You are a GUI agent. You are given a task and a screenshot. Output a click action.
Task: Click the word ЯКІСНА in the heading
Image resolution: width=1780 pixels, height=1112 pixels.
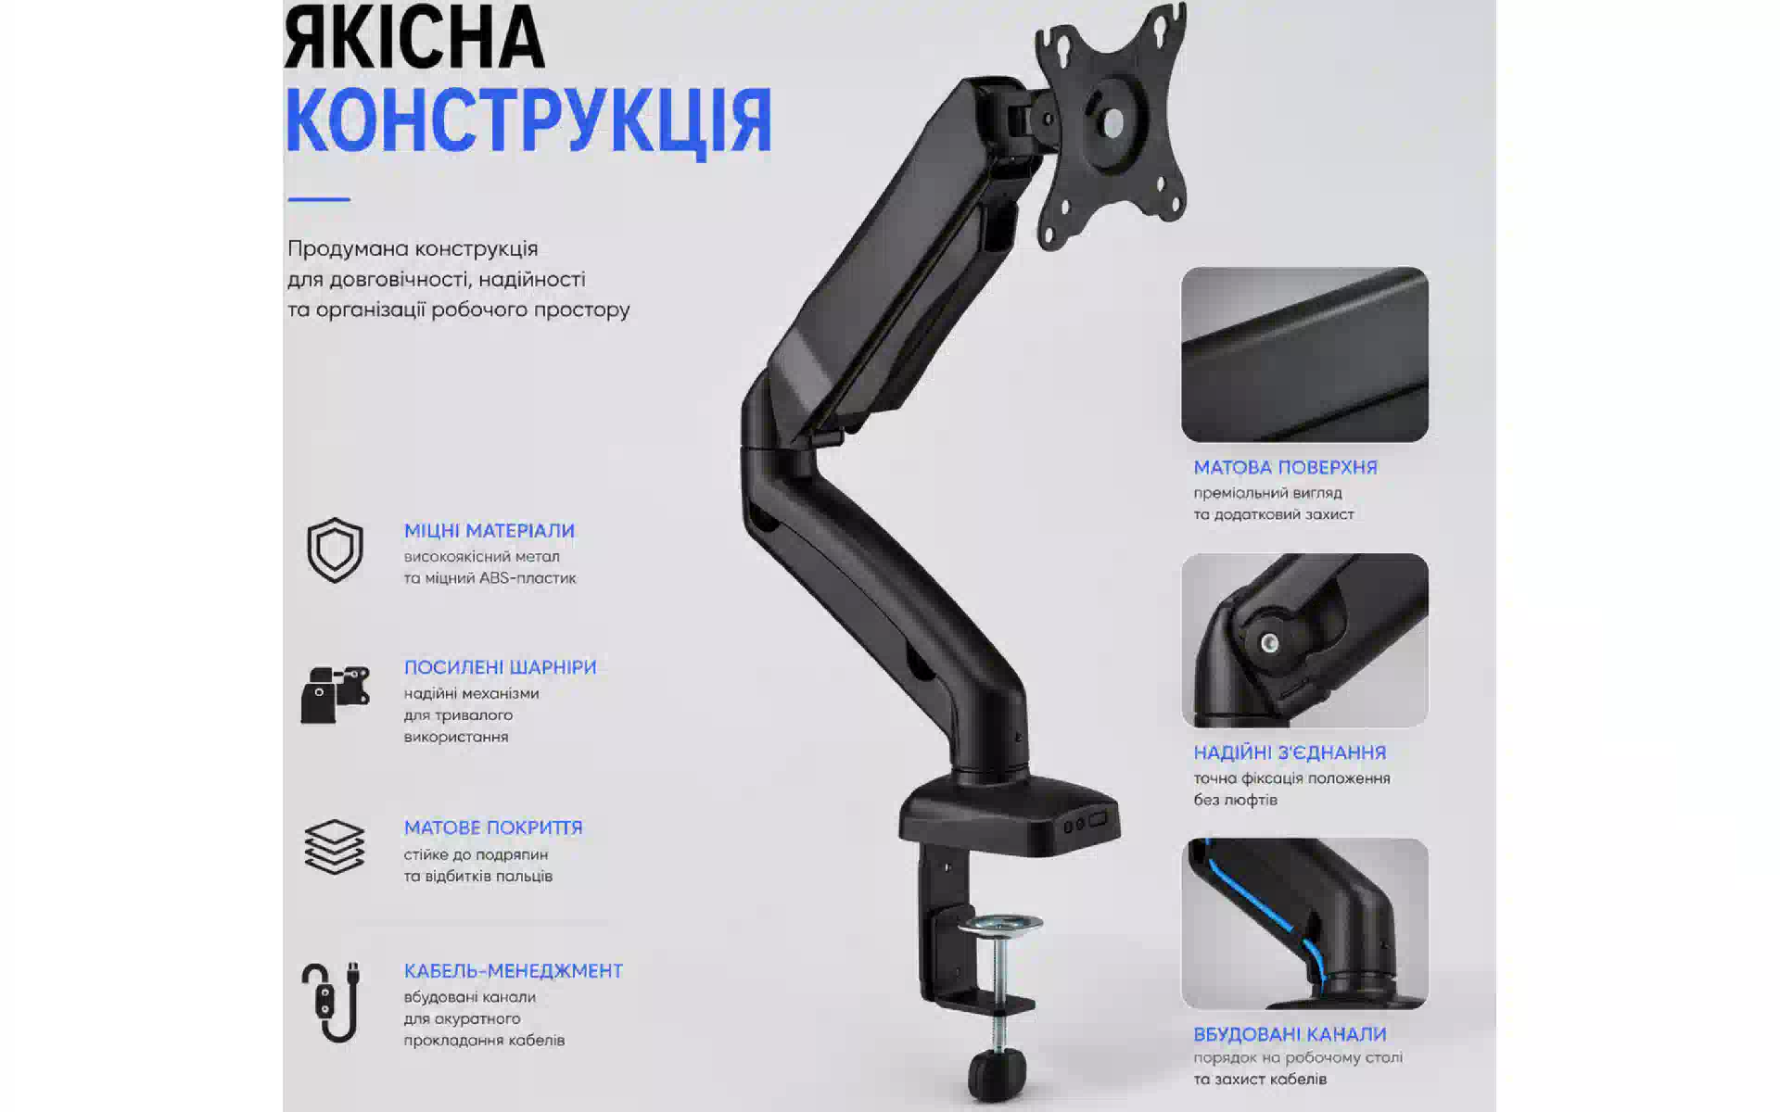(x=413, y=38)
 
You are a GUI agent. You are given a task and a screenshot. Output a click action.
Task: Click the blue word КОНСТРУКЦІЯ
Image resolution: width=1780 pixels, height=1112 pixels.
(x=528, y=121)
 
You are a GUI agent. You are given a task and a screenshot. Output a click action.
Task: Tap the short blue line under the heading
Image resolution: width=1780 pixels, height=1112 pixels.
(x=319, y=198)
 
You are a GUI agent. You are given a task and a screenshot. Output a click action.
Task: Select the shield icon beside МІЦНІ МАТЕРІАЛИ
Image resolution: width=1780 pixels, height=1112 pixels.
(x=335, y=550)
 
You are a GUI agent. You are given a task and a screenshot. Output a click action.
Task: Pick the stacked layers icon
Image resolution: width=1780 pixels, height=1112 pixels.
(x=335, y=847)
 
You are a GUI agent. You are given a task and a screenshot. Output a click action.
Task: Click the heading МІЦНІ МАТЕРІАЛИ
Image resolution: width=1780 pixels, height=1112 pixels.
(x=489, y=531)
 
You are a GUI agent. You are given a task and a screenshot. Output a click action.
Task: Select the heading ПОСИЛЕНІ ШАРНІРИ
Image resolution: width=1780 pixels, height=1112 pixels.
(x=500, y=667)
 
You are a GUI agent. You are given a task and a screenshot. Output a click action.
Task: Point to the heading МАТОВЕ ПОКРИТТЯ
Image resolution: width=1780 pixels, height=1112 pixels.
(x=493, y=828)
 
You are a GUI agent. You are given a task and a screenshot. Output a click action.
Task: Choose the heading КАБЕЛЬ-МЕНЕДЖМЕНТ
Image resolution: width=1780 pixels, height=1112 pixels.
(x=513, y=971)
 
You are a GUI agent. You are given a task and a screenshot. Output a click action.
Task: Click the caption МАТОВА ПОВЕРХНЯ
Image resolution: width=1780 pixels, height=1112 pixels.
(x=1285, y=468)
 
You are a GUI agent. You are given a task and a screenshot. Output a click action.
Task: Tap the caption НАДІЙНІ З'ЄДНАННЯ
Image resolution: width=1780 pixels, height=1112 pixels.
(x=1290, y=753)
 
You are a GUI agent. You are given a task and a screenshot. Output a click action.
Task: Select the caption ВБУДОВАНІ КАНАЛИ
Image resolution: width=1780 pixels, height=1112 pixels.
(x=1290, y=1034)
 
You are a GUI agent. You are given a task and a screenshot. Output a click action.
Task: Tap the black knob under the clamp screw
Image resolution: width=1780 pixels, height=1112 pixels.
(x=997, y=1075)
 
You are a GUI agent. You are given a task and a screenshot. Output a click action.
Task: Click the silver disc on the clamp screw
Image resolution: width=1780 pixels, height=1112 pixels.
(x=999, y=925)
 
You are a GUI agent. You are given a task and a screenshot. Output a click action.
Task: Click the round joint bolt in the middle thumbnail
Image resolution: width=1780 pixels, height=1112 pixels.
(x=1269, y=642)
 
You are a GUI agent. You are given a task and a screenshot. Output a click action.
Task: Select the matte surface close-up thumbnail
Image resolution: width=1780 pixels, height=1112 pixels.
(x=1304, y=354)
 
